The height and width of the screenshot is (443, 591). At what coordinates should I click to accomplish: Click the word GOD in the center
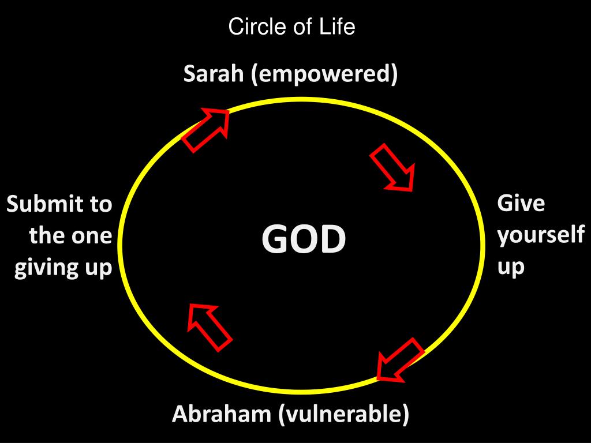coord(304,239)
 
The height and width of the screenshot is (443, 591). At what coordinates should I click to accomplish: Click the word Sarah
coord(214,74)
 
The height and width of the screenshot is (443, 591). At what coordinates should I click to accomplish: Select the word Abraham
coord(222,414)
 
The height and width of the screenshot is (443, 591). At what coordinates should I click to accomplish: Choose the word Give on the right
coord(521,204)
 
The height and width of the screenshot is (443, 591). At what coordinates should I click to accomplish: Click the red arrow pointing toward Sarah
coord(207,130)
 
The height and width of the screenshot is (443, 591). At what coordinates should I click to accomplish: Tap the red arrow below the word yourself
coord(400,359)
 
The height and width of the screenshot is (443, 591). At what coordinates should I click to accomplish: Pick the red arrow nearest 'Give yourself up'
coord(393,167)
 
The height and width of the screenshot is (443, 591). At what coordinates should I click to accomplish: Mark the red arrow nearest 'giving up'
coord(209,326)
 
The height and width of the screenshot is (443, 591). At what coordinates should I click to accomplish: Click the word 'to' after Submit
coord(100,204)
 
